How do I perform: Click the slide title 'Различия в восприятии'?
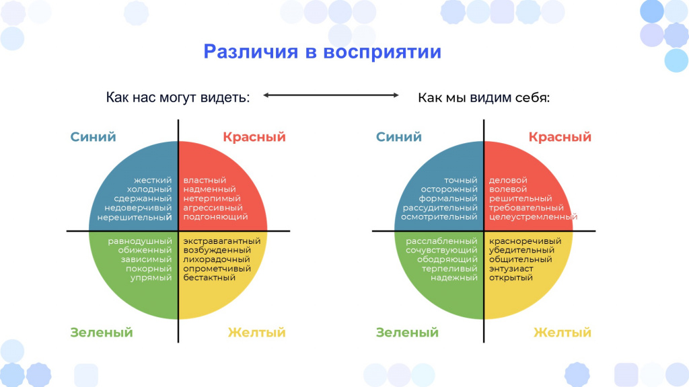[x=322, y=52]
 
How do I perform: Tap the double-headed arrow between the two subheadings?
[x=331, y=95]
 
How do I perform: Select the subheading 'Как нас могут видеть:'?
[x=178, y=97]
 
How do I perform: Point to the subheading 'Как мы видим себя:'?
[x=484, y=97]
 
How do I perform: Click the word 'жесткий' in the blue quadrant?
[x=153, y=180]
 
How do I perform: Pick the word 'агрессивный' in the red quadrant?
[x=213, y=208]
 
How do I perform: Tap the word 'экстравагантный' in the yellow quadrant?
[x=222, y=241]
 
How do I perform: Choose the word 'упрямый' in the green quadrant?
[x=151, y=277]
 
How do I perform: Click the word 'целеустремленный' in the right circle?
[x=533, y=217]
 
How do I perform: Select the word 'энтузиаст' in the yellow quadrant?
[x=511, y=269]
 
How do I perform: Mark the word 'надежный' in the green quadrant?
[x=454, y=277]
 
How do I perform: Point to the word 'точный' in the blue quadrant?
[x=460, y=180]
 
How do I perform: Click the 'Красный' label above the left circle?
[x=254, y=137]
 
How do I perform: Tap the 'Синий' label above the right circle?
[x=399, y=137]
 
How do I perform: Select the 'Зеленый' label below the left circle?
[x=102, y=333]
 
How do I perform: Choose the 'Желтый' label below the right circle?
[x=563, y=333]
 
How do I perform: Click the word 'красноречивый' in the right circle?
[x=525, y=241]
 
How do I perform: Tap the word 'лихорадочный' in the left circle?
[x=217, y=259]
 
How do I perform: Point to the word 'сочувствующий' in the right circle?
[x=441, y=251]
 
